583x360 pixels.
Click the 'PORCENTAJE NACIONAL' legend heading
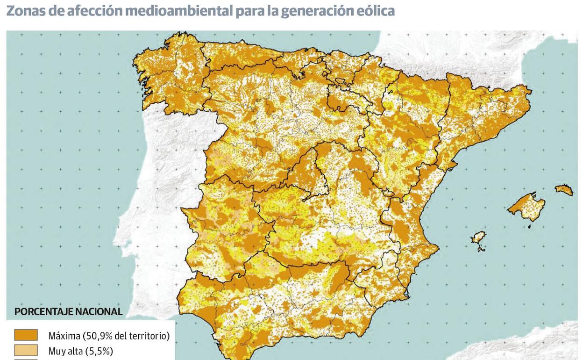click(68, 311)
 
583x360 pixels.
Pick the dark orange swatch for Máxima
click(26, 335)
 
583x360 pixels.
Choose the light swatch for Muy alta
click(26, 350)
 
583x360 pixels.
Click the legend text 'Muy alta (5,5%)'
click(80, 351)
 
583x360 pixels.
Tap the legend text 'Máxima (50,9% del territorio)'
click(109, 336)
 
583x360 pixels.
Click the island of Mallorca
click(528, 206)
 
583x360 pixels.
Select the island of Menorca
click(564, 189)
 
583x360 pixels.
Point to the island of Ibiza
click(478, 239)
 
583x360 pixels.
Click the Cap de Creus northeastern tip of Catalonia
click(530, 89)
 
